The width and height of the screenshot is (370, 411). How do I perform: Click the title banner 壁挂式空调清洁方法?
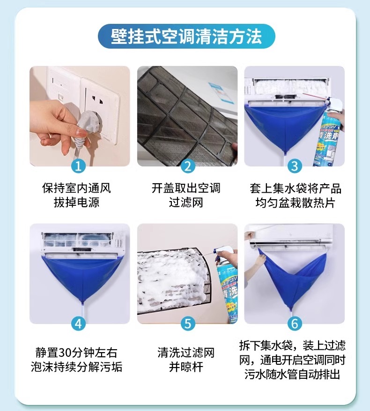point(186,36)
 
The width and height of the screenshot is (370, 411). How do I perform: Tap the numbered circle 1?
point(79,166)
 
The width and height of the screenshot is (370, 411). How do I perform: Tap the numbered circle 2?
point(188,166)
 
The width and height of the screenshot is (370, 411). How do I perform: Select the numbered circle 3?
point(295,166)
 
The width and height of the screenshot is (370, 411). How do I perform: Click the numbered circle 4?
point(79,324)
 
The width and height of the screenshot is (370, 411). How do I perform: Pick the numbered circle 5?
point(188,324)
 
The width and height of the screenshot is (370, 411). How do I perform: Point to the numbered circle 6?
point(295,324)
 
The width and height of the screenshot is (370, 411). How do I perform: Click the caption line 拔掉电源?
point(77,202)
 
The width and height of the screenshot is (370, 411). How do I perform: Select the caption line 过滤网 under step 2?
point(186,202)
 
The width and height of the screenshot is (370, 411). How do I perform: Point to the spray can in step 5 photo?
point(226,286)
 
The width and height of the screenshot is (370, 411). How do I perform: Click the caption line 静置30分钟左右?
point(76,353)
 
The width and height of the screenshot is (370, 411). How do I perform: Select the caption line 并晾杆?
point(186,367)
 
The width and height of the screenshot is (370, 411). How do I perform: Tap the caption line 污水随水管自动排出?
point(292,374)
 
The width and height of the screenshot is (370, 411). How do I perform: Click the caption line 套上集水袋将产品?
point(296,188)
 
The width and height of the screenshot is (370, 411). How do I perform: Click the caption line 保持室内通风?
point(77,188)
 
